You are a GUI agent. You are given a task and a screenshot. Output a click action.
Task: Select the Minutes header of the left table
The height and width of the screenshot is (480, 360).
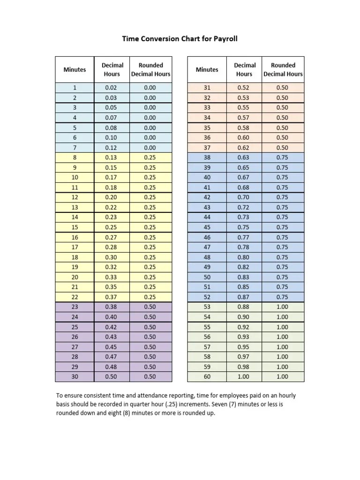point(75,69)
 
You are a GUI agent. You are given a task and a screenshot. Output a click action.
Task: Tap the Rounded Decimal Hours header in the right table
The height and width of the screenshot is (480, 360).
point(283,69)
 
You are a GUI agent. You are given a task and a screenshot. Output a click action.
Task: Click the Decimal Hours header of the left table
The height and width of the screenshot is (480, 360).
point(112,69)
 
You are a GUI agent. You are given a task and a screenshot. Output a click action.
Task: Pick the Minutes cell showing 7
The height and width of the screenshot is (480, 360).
point(75,148)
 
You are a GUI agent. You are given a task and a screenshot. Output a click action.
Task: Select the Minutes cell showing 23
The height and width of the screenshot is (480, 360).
point(75,307)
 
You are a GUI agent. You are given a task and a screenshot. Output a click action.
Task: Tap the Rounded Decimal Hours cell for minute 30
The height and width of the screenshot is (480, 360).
point(150,376)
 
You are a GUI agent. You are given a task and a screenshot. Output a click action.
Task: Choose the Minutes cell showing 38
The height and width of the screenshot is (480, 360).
point(207,157)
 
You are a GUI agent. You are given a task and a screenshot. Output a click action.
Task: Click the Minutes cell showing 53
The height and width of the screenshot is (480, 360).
point(207,307)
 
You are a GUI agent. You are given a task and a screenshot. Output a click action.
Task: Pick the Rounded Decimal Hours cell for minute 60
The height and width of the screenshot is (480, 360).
point(282,376)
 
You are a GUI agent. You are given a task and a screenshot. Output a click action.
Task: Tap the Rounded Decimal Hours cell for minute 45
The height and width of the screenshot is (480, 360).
point(282,227)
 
